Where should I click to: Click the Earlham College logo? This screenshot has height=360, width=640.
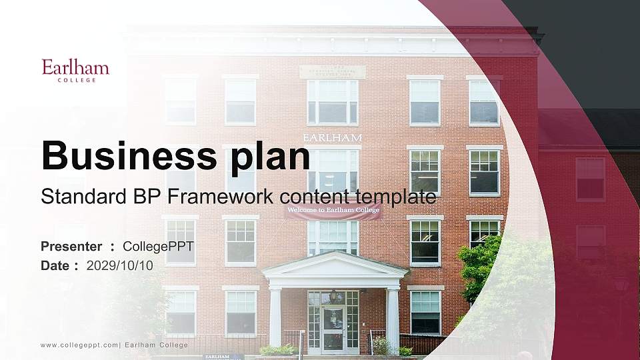point(75,70)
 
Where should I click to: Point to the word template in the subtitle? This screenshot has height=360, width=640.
point(397,197)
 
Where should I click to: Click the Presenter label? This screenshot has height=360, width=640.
point(71,247)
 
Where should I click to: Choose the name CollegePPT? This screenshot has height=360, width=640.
point(158,247)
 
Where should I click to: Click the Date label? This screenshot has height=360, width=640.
point(56,265)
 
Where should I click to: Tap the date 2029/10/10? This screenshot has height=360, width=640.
point(120,265)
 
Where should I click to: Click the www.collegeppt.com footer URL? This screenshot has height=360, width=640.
point(79,345)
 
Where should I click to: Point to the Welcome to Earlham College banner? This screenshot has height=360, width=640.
point(333,213)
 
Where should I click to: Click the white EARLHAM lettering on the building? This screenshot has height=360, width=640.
point(333,137)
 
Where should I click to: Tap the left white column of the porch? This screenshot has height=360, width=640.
point(275,317)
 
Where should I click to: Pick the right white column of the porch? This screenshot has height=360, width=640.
point(393,317)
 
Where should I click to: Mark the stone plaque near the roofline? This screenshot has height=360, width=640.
point(333,72)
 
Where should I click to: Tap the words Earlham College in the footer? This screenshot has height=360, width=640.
point(157,345)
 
